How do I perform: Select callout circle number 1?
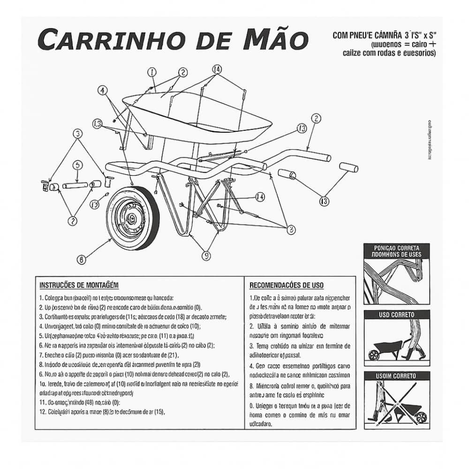[151, 72]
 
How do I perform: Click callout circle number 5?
[78, 165]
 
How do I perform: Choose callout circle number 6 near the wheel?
[81, 259]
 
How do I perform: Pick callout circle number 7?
[72, 220]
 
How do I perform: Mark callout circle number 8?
[291, 229]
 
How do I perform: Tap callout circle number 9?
[206, 256]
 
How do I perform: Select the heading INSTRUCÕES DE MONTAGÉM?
[79, 285]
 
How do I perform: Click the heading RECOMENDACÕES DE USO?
[286, 285]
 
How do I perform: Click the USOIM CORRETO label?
[397, 376]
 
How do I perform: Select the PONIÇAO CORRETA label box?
[397, 251]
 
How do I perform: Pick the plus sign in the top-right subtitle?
[432, 44]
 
